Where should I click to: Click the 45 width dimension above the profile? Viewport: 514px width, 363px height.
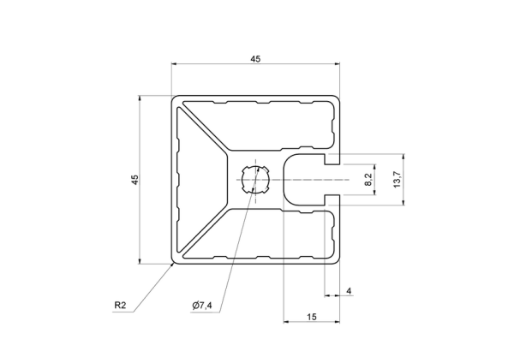(x=255, y=59)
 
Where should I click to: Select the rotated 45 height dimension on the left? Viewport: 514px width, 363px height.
(x=135, y=180)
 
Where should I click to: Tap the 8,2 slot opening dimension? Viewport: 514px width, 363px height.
(x=368, y=180)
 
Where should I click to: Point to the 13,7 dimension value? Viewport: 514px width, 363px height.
(x=397, y=179)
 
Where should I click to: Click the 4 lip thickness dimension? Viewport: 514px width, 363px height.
(x=349, y=290)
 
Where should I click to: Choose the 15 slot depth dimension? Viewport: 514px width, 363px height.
(x=312, y=317)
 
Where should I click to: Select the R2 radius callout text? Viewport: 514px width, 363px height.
(x=120, y=306)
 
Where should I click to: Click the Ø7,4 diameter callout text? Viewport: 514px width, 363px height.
(x=202, y=306)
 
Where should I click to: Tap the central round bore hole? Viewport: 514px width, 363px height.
(x=255, y=180)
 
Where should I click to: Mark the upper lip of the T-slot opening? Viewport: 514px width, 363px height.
(x=332, y=159)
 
